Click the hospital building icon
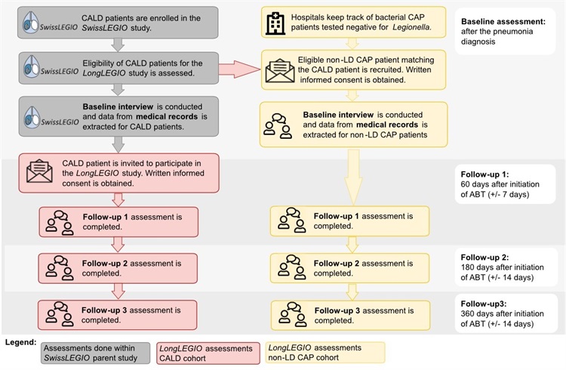click(x=275, y=23)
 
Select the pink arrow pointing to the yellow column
click(x=239, y=69)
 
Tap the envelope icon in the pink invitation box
click(x=39, y=171)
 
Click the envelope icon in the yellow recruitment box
click(x=280, y=70)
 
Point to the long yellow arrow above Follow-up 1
click(x=353, y=177)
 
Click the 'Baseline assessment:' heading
click(x=503, y=21)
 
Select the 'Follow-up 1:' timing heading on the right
click(x=484, y=174)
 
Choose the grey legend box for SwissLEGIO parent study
click(x=95, y=353)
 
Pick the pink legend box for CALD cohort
click(x=208, y=353)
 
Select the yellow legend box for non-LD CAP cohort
click(x=325, y=353)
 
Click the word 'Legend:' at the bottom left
click(x=20, y=342)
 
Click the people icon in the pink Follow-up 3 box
click(x=60, y=313)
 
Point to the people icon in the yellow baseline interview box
click(x=278, y=126)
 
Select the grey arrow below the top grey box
click(x=118, y=45)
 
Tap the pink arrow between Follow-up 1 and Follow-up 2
click(x=118, y=244)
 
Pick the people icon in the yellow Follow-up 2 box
click(x=291, y=267)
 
